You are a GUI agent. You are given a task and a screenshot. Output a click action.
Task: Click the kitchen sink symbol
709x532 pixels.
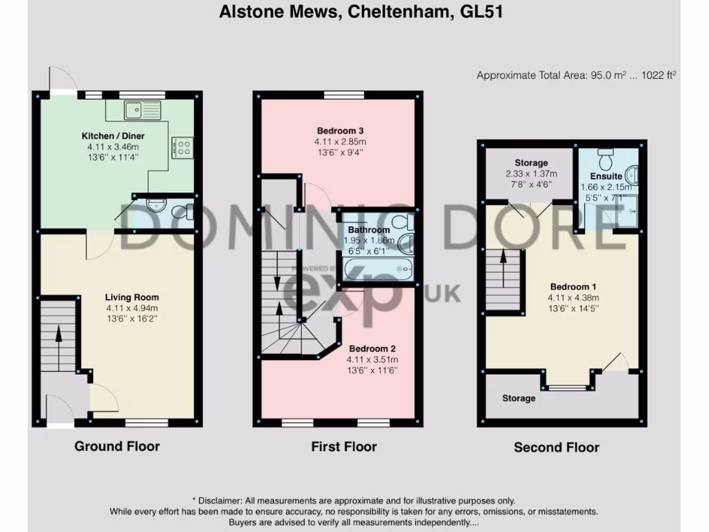coord(143,109)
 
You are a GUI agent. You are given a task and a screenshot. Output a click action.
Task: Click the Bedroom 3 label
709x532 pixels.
coord(340,130)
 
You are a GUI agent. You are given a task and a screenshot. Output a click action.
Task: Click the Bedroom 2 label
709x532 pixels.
coord(372,348)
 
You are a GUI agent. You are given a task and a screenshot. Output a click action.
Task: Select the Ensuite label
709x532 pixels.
coord(606,176)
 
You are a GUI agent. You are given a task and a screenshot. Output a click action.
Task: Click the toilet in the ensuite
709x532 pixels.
coord(607,159)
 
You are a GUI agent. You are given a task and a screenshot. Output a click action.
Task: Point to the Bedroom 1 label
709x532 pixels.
coord(573,287)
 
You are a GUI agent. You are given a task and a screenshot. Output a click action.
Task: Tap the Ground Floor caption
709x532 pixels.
coord(117,446)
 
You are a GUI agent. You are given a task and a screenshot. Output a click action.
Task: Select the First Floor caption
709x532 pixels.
coord(344,446)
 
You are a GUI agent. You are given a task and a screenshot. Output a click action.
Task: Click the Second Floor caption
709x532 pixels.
coord(556,447)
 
